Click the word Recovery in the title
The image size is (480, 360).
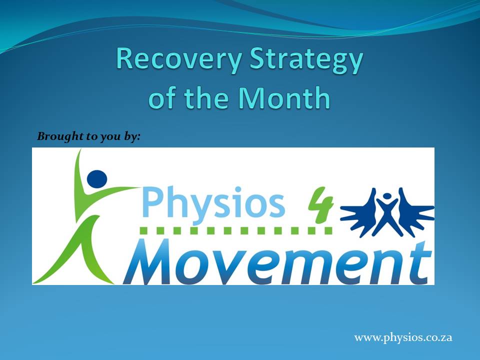point(179,59)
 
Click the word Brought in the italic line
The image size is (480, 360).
point(60,136)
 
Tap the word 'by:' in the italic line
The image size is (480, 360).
point(132,136)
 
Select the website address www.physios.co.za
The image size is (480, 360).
point(403,337)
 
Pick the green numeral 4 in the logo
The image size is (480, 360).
point(320,204)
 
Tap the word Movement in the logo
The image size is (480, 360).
point(277,261)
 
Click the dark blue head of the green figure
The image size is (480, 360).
point(97,179)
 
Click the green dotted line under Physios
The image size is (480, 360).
point(236,230)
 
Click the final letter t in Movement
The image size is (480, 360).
point(422,262)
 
